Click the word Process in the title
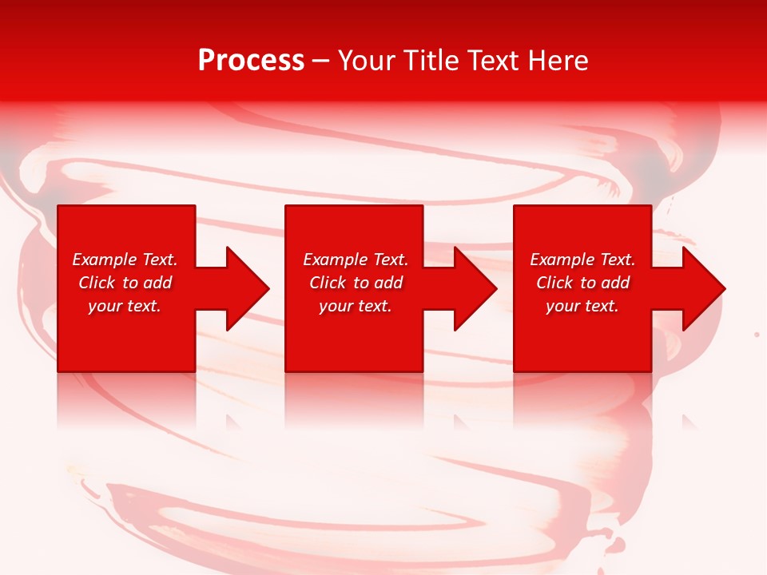pos(251,61)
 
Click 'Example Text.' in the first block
pos(125,260)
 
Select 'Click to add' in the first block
pos(125,283)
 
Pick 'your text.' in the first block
pos(125,306)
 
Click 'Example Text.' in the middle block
pos(356,260)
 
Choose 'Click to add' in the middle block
pos(356,283)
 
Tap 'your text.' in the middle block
pos(356,306)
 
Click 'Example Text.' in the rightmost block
pos(582,260)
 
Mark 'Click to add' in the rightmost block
pos(582,283)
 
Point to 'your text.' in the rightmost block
pos(582,306)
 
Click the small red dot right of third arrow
pos(757,334)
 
